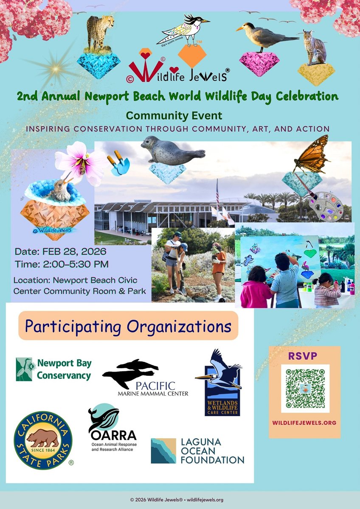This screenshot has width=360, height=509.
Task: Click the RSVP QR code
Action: [x=305, y=389]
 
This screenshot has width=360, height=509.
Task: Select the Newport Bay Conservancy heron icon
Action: [x=24, y=369]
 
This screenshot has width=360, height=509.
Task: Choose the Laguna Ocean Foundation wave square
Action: [x=163, y=450]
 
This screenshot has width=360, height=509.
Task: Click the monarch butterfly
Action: [x=312, y=154]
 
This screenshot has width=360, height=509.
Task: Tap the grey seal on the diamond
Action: [x=172, y=151]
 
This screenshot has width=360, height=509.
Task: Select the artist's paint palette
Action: [x=325, y=207]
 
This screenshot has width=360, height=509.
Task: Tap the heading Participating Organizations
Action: [x=128, y=326]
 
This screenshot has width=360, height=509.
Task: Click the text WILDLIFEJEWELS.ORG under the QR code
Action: [x=305, y=422]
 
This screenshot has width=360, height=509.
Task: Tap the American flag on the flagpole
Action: [x=217, y=191]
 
